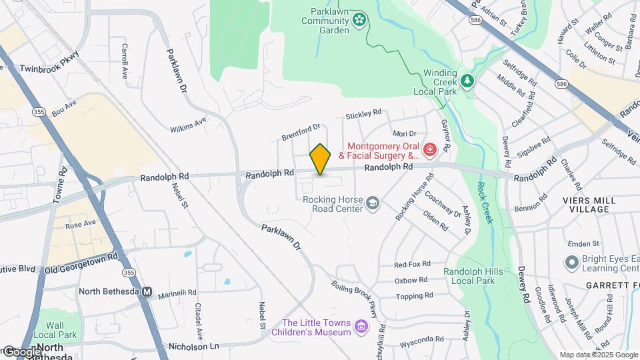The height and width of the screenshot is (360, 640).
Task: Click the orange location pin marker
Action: click(x=321, y=159)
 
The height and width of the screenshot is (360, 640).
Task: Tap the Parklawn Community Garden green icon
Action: click(x=360, y=20)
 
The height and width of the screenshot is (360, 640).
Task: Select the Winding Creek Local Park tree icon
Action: click(x=468, y=81)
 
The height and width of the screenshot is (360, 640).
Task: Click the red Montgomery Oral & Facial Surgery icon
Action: click(x=429, y=148)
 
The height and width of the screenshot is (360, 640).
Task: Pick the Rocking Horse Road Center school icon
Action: click(x=373, y=202)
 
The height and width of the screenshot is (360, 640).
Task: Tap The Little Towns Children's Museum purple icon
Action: click(x=361, y=326)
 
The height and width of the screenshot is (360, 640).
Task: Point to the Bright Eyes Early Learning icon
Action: click(x=571, y=262)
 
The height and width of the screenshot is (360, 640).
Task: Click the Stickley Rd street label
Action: click(x=363, y=115)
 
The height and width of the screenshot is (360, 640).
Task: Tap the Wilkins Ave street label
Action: click(x=188, y=123)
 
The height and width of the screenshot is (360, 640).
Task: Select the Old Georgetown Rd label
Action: click(x=81, y=262)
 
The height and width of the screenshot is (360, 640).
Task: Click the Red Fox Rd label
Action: click(x=413, y=265)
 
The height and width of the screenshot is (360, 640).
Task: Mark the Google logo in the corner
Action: click(x=21, y=351)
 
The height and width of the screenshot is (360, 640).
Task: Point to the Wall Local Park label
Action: click(x=57, y=329)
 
